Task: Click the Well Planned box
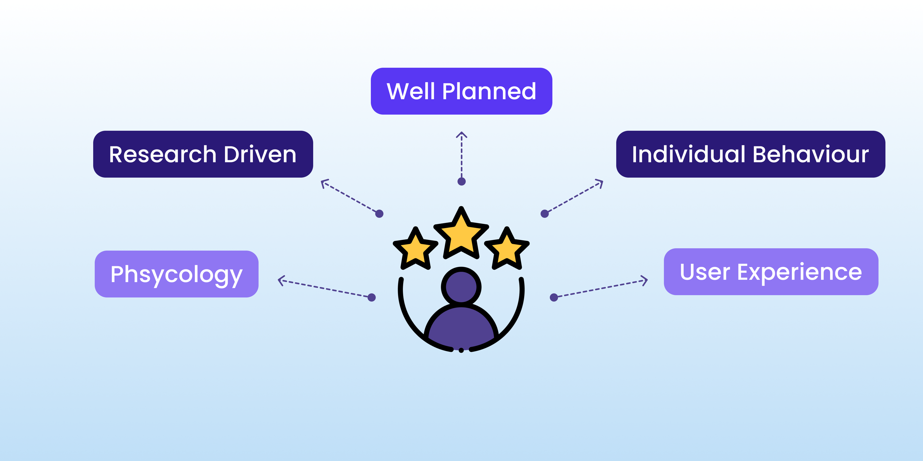point(461,91)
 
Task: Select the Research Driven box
point(203,154)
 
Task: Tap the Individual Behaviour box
point(751,154)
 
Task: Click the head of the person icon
point(461,287)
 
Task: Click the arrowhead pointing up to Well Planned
point(461,134)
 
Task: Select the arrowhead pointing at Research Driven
point(324,183)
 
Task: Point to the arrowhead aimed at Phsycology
point(281,280)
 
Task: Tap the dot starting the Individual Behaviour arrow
point(545,214)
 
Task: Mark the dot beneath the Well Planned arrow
point(461,182)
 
